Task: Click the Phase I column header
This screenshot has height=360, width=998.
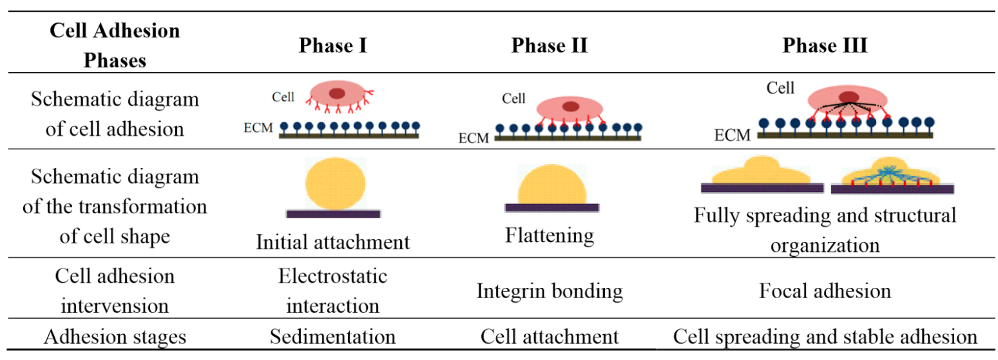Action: [x=332, y=46]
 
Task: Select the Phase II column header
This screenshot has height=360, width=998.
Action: [x=549, y=46]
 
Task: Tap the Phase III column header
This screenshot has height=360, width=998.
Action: [x=825, y=46]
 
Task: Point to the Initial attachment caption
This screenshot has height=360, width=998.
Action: [x=332, y=242]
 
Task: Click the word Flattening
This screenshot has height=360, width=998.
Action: [x=549, y=235]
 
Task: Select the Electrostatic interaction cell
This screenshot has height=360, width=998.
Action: [x=332, y=290]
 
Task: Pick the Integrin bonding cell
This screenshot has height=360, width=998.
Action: [x=549, y=291]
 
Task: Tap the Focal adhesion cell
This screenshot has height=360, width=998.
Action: [x=825, y=291]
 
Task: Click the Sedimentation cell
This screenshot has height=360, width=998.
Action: [x=332, y=337]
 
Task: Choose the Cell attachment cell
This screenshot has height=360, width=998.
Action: [x=549, y=337]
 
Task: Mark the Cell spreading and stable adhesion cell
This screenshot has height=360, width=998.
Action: [x=825, y=337]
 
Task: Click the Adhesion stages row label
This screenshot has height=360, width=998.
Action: [x=116, y=337]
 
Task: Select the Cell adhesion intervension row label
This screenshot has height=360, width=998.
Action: [x=116, y=290]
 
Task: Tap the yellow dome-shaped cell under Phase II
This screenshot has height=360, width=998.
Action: [x=553, y=186]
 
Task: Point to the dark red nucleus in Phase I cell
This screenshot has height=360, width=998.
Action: [x=336, y=93]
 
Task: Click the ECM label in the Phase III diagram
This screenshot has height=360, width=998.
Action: [x=734, y=136]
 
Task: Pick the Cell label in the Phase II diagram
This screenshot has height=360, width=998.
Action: [x=513, y=99]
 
